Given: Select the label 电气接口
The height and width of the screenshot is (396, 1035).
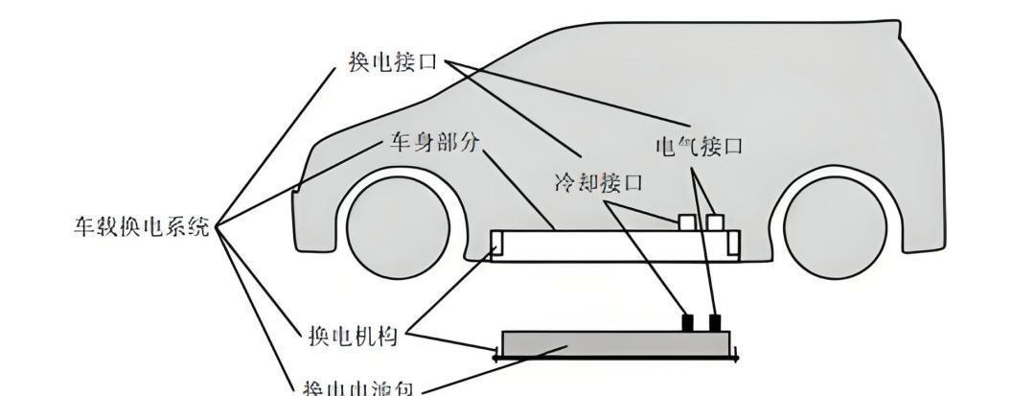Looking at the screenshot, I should point(699,146).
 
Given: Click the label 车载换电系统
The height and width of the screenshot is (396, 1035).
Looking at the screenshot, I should point(142,227).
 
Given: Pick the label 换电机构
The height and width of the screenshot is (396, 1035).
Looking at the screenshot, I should point(352,337).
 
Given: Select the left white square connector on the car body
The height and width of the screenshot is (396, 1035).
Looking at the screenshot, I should point(686,221).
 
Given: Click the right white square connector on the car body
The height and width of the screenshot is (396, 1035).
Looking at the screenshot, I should point(715,221).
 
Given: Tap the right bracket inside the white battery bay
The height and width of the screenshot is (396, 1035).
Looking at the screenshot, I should point(734,245).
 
